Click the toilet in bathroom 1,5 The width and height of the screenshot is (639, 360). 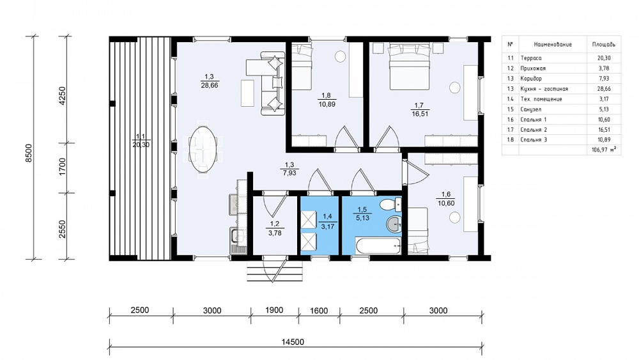pos(391,203)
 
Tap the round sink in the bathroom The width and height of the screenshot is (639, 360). pos(394,224)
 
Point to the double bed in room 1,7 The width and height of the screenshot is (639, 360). pos(410,67)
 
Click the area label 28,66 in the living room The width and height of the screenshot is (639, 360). pos(210,86)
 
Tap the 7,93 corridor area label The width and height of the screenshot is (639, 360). pos(289,173)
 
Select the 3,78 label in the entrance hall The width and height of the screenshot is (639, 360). pos(274,233)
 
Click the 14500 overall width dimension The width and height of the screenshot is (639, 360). pos(293,341)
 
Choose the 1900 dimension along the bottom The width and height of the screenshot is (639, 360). pos(274,310)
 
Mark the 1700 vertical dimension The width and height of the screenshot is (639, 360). pos(62,167)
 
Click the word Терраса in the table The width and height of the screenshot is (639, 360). pos(530,58)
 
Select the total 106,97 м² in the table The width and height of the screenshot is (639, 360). pos(604,150)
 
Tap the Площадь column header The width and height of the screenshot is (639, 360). pos(604,44)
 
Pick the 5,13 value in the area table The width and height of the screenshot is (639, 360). pos(604,109)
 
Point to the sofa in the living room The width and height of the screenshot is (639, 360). pos(272,83)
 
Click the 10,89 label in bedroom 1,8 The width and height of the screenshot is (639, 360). pos(327,104)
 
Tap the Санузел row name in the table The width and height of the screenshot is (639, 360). pos(530,109)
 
